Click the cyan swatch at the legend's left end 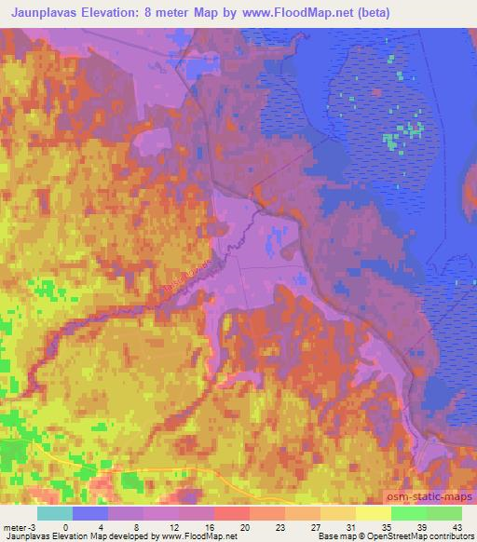click(x=55, y=513)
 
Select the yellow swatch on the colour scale click(x=373, y=513)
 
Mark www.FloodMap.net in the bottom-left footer click(x=197, y=536)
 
